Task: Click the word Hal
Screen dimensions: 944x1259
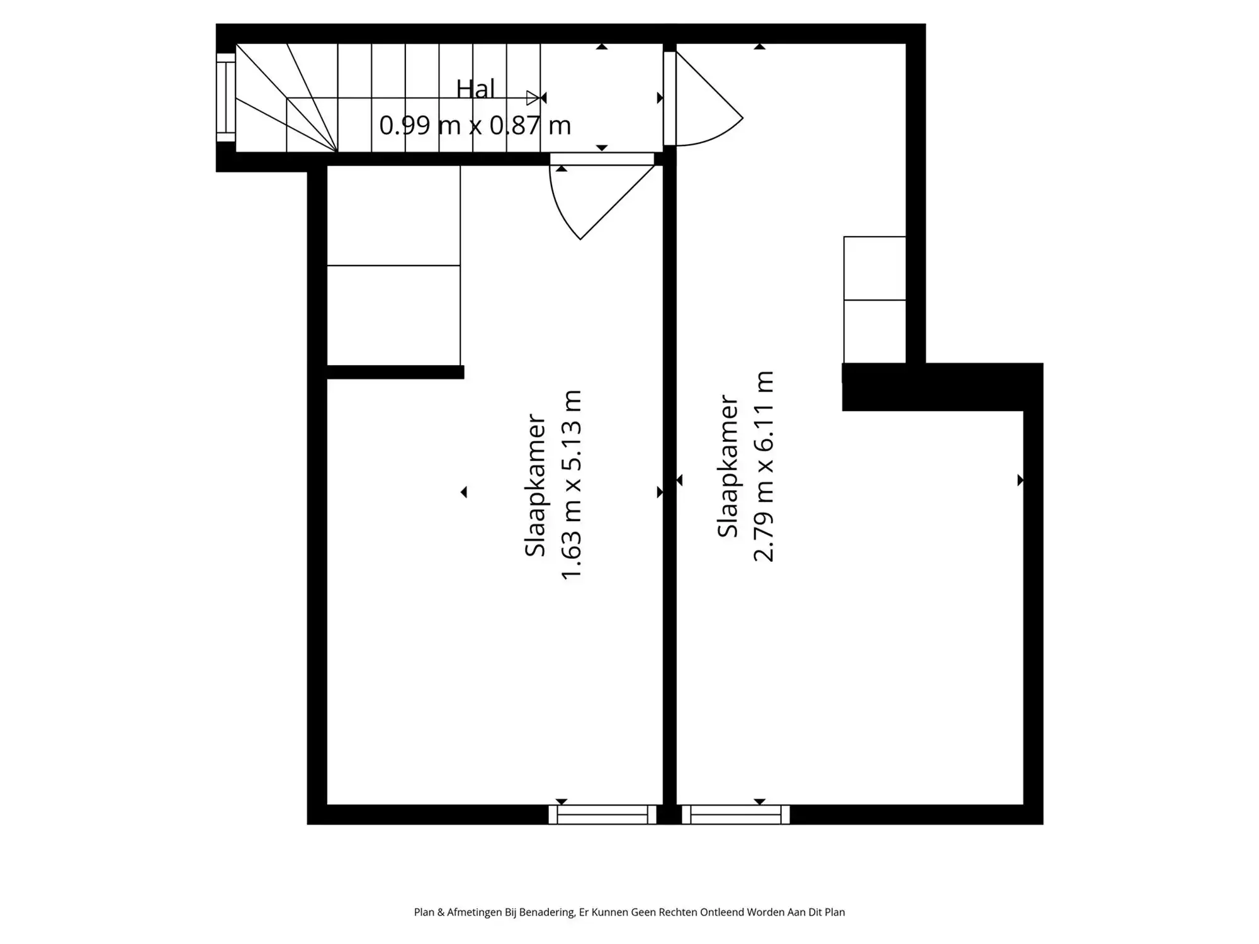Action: click(x=475, y=89)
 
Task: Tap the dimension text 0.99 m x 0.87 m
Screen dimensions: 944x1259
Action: click(x=475, y=125)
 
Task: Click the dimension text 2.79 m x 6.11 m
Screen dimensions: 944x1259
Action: click(x=764, y=466)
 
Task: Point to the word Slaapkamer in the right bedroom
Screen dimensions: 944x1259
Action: click(x=728, y=466)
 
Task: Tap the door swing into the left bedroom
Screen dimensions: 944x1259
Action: click(x=592, y=195)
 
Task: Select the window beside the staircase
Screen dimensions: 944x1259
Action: click(x=225, y=98)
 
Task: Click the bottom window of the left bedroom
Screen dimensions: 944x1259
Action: click(x=602, y=814)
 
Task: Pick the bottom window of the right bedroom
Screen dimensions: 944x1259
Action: click(x=736, y=814)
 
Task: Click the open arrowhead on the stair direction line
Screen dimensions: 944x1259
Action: click(x=533, y=98)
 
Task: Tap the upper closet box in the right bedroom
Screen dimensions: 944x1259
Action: click(x=874, y=268)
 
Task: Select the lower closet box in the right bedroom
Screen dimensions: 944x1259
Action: click(x=874, y=331)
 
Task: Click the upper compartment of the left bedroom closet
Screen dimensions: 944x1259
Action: click(x=393, y=215)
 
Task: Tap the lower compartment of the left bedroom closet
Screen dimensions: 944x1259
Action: click(x=393, y=315)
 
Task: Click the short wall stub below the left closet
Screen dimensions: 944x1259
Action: click(x=395, y=372)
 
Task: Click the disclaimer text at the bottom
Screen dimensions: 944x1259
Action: click(x=629, y=912)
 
